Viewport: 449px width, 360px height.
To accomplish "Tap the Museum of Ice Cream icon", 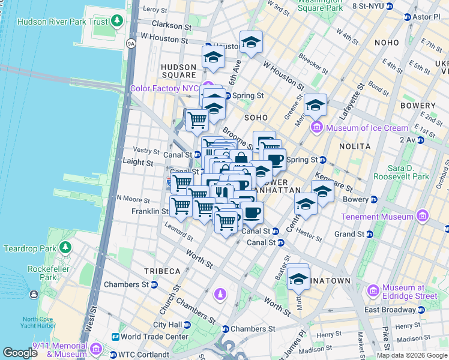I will point(316,127).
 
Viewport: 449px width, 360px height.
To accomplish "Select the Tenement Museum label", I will point(377,216).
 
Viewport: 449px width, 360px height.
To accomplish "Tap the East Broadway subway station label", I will point(390,310).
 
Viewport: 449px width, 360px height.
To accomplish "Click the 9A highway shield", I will point(131,43).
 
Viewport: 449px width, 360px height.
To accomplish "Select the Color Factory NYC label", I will point(164,88).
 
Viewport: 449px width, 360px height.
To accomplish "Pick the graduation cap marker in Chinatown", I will point(298,278).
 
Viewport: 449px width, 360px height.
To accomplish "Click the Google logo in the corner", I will point(20,353).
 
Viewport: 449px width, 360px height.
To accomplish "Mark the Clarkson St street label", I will point(171,26).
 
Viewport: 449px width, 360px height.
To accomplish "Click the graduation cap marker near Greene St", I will point(315,106).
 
